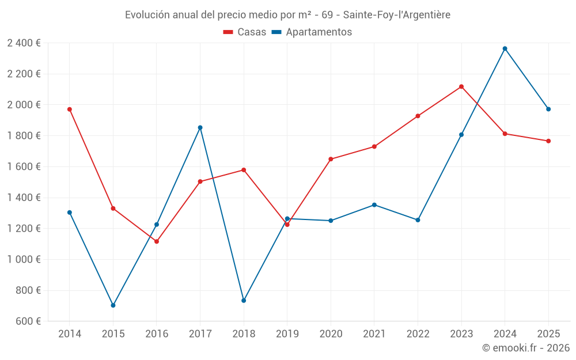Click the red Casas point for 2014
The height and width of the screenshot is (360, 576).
point(70,109)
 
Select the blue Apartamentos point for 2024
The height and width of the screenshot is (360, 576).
point(505,48)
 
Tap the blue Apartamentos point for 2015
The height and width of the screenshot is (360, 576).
point(113,305)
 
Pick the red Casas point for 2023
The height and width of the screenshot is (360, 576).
point(461,86)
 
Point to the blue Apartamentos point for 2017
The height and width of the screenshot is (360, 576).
point(200,127)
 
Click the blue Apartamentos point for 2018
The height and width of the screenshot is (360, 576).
point(244,301)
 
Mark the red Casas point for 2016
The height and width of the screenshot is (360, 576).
point(157,241)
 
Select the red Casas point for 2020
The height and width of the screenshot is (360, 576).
point(331,159)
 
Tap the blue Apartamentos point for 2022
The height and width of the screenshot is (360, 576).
point(418,220)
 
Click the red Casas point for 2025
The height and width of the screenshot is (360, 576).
point(548,141)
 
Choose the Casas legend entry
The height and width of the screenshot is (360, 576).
point(245,32)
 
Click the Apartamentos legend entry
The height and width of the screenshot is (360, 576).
point(312,32)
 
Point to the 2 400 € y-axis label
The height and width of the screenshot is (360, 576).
point(24,43)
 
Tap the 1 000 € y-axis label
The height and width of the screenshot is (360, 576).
point(24,259)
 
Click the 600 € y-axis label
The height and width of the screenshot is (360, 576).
point(28,321)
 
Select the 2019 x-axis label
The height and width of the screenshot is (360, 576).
point(287,334)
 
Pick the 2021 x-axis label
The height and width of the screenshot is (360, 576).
point(374,334)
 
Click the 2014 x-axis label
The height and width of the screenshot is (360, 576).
point(70,334)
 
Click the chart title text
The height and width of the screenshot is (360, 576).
point(287,14)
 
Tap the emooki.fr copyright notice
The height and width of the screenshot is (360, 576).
point(525,348)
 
